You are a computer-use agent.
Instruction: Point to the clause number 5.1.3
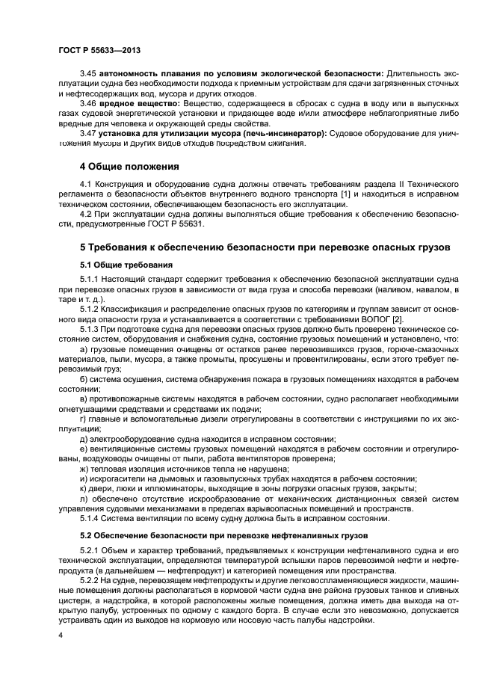(91, 327)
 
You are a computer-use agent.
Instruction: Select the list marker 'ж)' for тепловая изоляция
(84, 468)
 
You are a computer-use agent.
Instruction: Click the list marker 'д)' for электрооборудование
(84, 438)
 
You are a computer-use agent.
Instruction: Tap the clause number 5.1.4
(91, 518)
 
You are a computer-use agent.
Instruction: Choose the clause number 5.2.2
(91, 579)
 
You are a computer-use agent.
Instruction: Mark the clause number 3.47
(88, 133)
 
